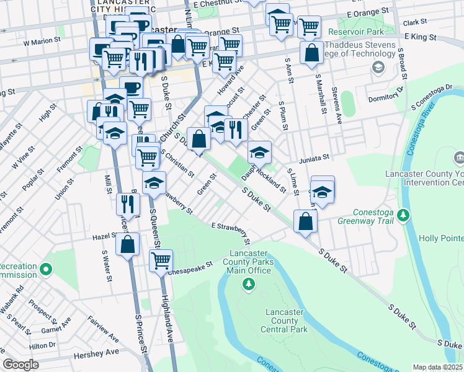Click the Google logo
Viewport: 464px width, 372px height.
pos(20,365)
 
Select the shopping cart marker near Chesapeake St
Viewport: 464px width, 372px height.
pos(161,259)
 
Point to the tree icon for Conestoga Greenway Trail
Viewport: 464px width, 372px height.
pos(404,215)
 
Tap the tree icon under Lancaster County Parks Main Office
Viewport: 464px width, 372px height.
pos(248,283)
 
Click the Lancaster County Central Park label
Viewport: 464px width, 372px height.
pos(285,321)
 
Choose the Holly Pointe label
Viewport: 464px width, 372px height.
pos(440,238)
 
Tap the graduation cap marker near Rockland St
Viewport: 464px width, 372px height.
pos(259,152)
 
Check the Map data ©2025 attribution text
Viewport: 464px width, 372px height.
pos(437,367)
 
